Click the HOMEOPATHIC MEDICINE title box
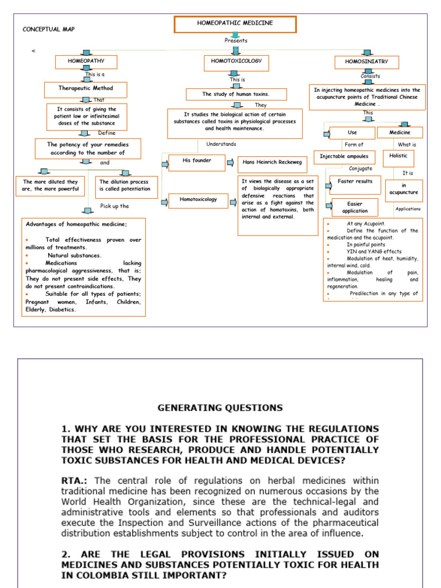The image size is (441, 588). pyautogui.click(x=235, y=24)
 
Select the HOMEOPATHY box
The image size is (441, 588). pyautogui.click(x=86, y=61)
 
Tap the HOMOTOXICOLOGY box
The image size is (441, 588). pyautogui.click(x=236, y=61)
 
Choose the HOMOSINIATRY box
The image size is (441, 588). pyautogui.click(x=366, y=62)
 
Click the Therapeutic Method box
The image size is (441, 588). pyautogui.click(x=86, y=89)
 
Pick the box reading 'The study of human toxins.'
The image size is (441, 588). pyautogui.click(x=235, y=94)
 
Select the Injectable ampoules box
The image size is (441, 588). pyautogui.click(x=344, y=156)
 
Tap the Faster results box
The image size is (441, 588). pyautogui.click(x=355, y=183)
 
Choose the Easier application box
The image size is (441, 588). pyautogui.click(x=355, y=207)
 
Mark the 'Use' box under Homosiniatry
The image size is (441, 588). pyautogui.click(x=352, y=133)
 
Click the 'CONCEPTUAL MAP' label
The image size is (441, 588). pyautogui.click(x=49, y=29)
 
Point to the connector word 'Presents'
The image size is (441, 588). pyautogui.click(x=236, y=41)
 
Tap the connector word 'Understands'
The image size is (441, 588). pyautogui.click(x=221, y=144)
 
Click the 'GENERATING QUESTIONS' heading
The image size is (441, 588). pyautogui.click(x=220, y=408)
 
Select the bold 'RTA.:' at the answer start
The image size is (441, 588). pyautogui.click(x=76, y=480)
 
